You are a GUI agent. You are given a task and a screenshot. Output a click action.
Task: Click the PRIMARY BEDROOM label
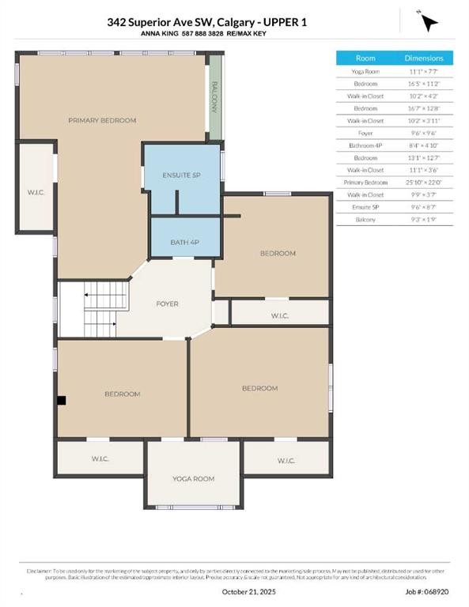coord(102,120)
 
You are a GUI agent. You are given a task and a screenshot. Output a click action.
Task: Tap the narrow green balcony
coord(214,98)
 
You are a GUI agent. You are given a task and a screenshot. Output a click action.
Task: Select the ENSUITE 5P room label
coord(182,175)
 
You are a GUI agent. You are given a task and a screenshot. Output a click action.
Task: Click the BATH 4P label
coord(185,242)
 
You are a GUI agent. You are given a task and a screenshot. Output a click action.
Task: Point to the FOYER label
coord(167,303)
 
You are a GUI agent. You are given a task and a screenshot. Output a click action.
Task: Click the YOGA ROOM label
coord(193,479)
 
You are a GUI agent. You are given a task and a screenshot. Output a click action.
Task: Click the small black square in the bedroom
coord(61,401)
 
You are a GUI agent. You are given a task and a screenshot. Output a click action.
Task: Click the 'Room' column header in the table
coord(365,58)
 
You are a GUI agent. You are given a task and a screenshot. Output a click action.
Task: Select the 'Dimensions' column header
coord(424,58)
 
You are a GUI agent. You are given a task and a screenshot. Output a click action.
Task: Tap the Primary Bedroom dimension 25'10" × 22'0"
coord(424,182)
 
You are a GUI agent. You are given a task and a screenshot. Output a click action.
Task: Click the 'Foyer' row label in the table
coord(365,133)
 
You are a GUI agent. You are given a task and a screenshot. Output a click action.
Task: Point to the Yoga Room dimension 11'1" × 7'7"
coord(424,71)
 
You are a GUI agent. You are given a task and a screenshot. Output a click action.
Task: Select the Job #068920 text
coord(428,590)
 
